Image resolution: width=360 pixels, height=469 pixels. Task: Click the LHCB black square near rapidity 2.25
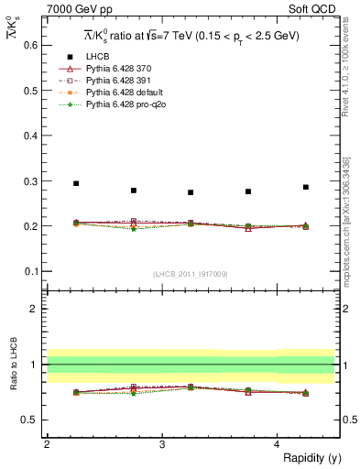[76, 183]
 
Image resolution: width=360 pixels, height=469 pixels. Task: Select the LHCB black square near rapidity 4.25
[306, 187]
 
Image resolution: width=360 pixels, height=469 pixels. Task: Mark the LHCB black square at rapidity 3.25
[191, 192]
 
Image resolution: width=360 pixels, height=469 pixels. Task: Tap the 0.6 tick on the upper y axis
[31, 44]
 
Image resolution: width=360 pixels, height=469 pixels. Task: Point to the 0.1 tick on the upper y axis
[31, 271]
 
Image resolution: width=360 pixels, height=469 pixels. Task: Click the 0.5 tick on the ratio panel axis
[31, 420]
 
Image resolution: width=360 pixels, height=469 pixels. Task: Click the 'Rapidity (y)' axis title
[307, 457]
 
